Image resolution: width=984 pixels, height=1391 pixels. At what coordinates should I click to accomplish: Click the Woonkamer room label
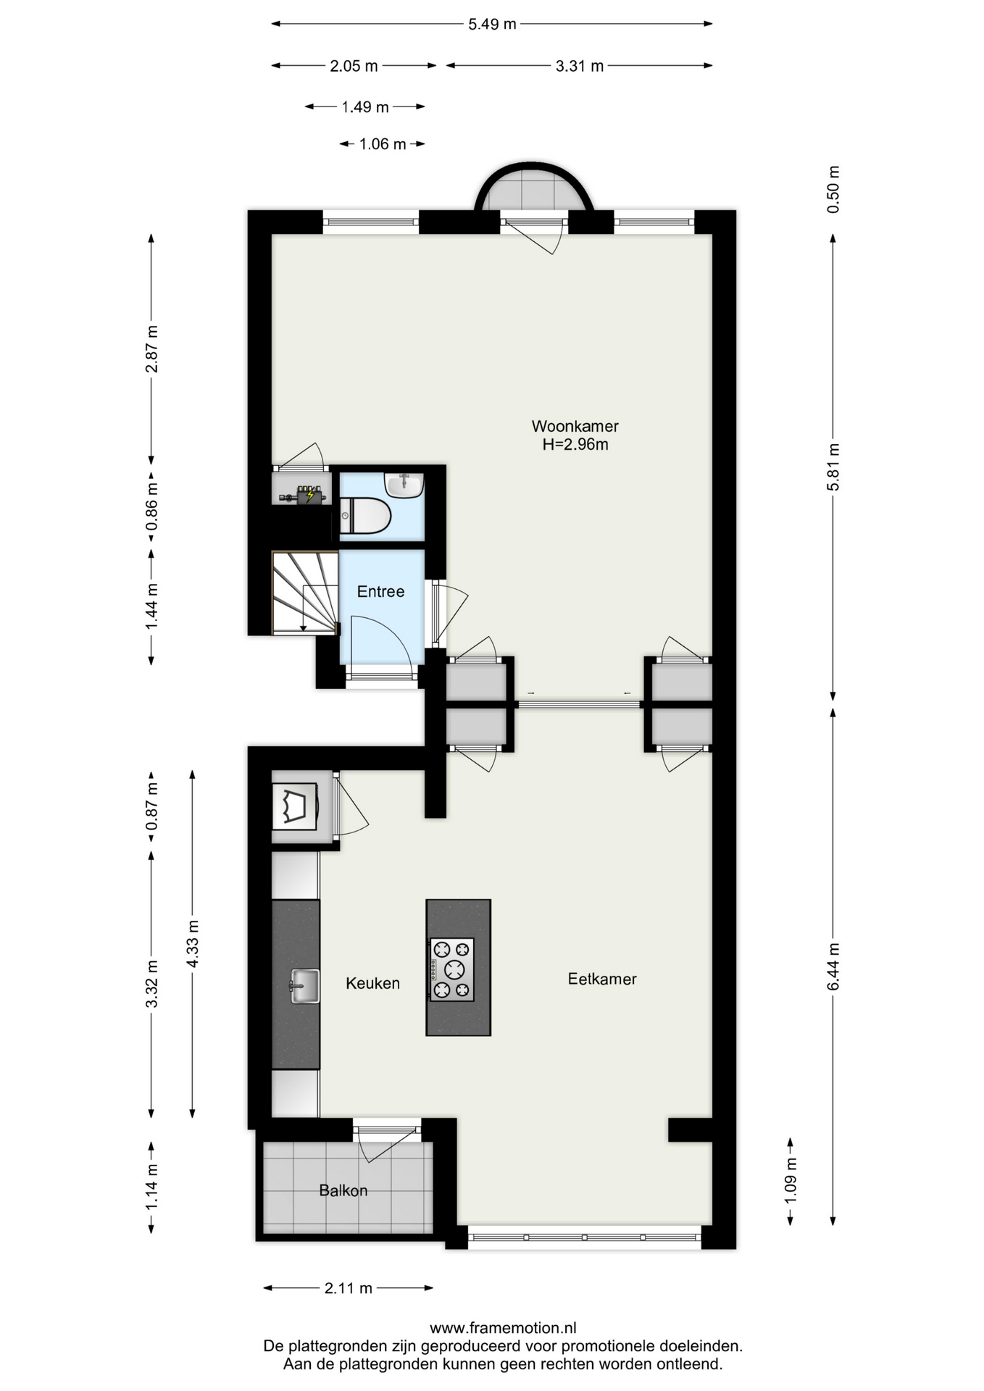575,426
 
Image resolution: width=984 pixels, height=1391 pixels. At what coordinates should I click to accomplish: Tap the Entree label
380,591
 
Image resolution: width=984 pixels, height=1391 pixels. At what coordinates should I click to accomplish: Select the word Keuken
372,983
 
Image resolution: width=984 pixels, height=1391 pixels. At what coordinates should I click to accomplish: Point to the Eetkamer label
602,979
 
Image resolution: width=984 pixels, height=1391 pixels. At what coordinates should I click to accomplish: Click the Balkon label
343,1190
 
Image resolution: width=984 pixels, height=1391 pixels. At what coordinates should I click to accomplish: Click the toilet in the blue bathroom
365,516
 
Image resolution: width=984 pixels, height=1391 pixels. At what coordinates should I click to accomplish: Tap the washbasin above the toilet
404,485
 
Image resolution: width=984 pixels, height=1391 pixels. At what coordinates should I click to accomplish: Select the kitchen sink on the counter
305,986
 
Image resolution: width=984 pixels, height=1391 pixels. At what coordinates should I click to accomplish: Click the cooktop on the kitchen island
452,969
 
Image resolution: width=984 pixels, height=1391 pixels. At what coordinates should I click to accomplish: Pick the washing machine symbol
294,806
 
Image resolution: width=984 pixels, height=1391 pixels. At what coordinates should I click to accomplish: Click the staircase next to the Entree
305,593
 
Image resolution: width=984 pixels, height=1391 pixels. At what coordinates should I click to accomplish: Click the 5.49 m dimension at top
492,24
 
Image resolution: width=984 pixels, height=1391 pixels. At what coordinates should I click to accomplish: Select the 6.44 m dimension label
833,966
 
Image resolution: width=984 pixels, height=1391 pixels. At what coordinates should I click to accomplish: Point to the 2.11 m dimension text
349,1287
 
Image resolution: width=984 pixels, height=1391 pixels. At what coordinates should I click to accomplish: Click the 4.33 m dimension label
193,943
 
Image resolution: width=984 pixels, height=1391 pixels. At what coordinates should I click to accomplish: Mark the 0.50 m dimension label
833,189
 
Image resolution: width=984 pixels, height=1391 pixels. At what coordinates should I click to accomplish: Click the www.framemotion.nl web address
503,1327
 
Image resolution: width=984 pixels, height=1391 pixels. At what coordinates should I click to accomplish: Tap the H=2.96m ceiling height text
575,444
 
